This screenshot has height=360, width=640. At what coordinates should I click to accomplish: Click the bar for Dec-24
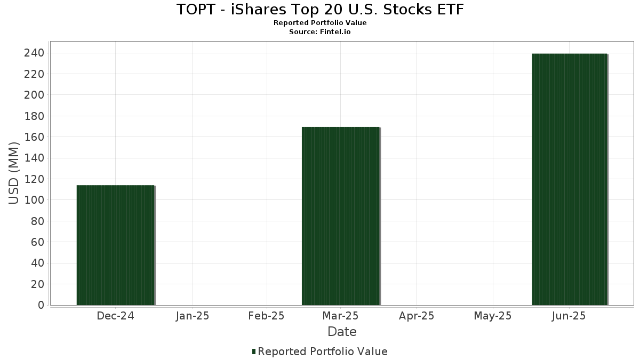pos(116,245)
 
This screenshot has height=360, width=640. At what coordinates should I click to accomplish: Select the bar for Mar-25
pos(341,216)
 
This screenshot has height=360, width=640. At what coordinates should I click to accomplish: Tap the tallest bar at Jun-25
pos(570,179)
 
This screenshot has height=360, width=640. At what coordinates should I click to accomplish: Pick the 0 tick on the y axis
pos(41,306)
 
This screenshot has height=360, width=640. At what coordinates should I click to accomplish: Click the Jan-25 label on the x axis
pos(193,316)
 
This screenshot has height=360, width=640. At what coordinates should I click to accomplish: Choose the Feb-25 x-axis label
pos(267,316)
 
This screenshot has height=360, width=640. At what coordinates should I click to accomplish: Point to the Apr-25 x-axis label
pos(417,316)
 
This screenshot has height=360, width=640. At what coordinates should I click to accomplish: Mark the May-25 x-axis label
pos(492,316)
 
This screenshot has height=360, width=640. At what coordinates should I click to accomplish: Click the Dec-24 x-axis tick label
pos(116,316)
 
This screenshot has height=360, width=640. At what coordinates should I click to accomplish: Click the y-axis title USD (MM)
pos(14,173)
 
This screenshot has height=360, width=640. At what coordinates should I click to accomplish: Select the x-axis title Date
pos(342,332)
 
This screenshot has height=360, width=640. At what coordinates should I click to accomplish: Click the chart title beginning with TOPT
pos(320,10)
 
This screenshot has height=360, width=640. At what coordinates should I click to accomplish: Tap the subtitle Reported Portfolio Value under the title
pos(320,23)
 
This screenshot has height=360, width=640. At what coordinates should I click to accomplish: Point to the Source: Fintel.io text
pos(320,32)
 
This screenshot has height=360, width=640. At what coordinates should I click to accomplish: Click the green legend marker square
pos(254,351)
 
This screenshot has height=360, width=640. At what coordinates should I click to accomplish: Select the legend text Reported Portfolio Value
pos(323,351)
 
